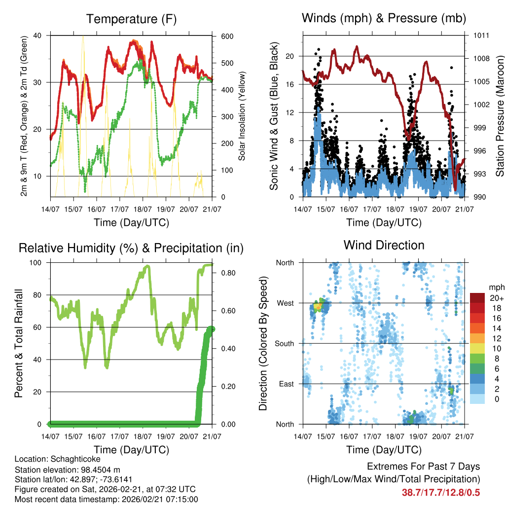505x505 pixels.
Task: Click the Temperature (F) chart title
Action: pyautogui.click(x=131, y=19)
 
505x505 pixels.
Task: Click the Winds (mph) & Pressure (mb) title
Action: pyautogui.click(x=384, y=19)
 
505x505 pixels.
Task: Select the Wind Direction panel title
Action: pyautogui.click(x=384, y=245)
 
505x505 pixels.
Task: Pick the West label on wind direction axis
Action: pyautogui.click(x=285, y=303)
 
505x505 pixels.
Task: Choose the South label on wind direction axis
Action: pyautogui.click(x=284, y=343)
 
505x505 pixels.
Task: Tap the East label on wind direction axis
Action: pyautogui.click(x=286, y=384)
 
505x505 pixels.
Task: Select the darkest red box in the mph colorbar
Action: pyautogui.click(x=477, y=298)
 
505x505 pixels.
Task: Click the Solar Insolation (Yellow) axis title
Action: pyautogui.click(x=242, y=116)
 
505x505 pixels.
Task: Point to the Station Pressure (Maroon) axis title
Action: pyautogui.click(x=499, y=116)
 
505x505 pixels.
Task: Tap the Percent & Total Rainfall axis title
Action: pyautogui.click(x=18, y=343)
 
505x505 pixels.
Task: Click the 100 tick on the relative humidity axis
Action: pyautogui.click(x=37, y=262)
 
